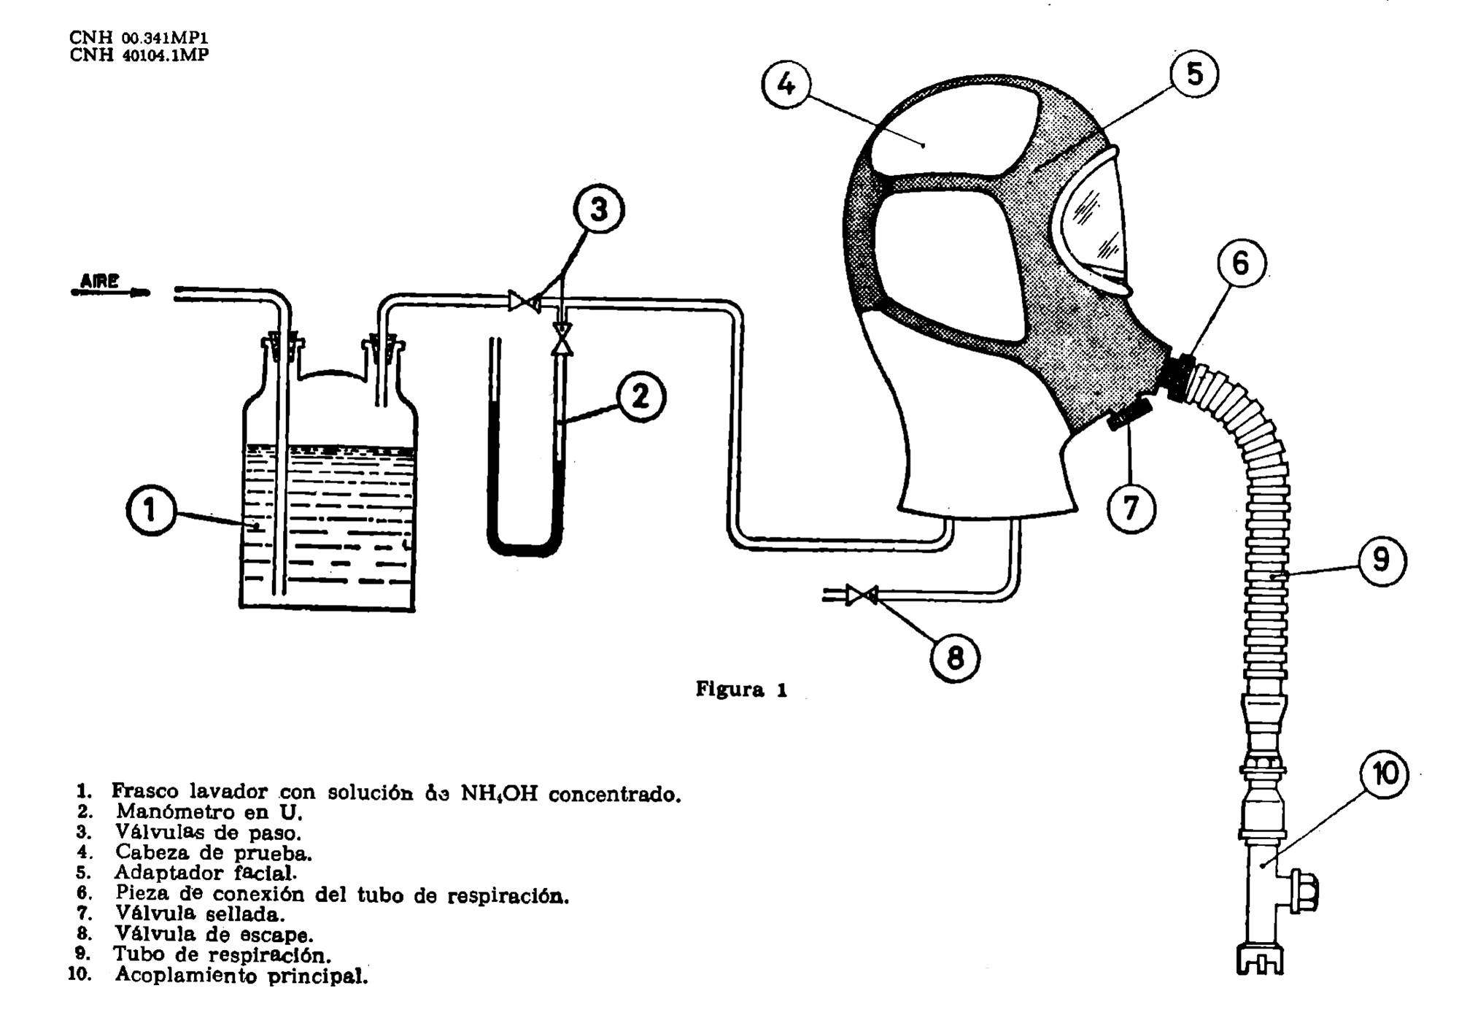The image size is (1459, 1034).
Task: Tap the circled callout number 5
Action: tap(1194, 74)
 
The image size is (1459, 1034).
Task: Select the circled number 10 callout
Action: tap(1384, 774)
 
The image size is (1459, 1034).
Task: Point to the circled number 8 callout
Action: tap(954, 658)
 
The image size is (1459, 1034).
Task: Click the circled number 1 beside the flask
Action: tap(150, 510)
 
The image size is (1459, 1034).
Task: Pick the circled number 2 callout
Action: tap(641, 397)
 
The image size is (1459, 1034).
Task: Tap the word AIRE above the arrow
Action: tap(100, 281)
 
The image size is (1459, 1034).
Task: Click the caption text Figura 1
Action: tap(741, 690)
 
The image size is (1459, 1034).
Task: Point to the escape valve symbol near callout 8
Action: tap(862, 595)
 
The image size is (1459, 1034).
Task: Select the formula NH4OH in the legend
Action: tap(499, 794)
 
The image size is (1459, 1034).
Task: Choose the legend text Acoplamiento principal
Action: tap(241, 975)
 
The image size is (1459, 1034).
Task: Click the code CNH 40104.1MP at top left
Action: tap(139, 55)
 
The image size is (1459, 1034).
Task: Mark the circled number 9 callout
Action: tap(1381, 560)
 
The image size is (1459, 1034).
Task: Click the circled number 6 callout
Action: tap(1241, 263)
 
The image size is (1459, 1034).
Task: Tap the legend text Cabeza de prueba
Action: tap(213, 852)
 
